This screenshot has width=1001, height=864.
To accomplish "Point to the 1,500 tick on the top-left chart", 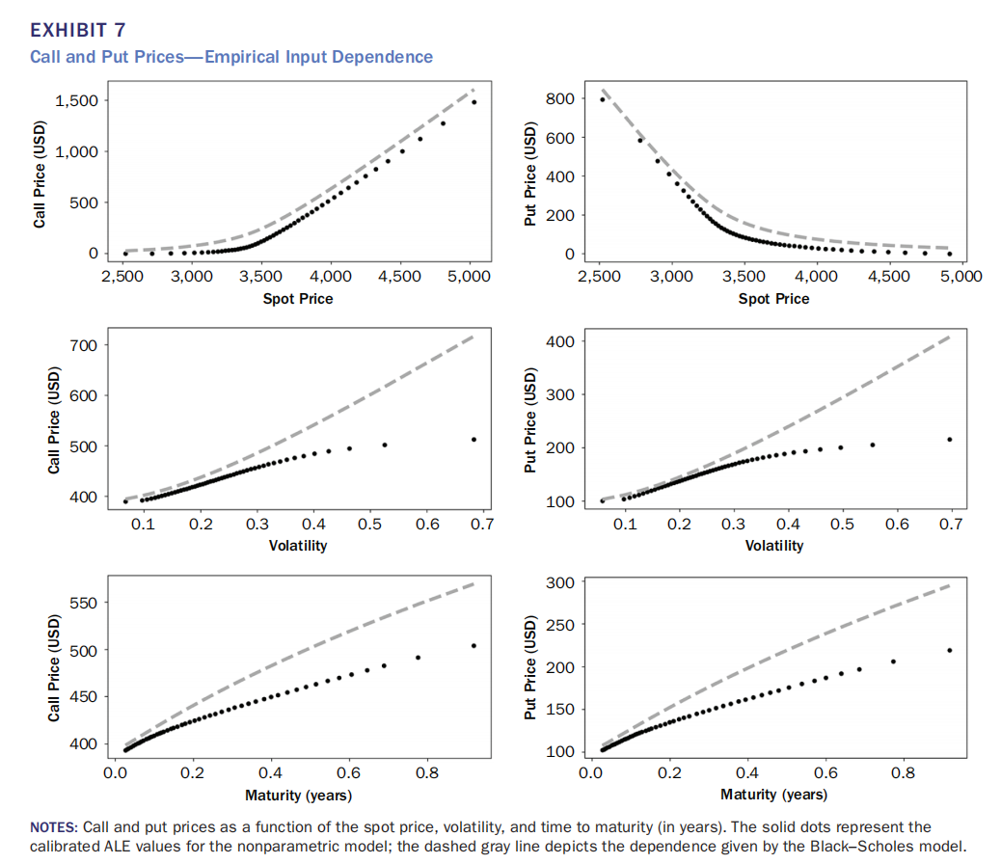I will [81, 101].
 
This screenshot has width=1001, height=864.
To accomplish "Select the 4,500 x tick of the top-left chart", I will [399, 277].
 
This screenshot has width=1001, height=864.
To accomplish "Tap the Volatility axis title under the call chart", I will [298, 546].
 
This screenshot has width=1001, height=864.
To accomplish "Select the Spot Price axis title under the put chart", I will [773, 299].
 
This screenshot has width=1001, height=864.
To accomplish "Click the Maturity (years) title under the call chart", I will [298, 796].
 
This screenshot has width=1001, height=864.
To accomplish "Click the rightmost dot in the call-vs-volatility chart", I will [473, 440].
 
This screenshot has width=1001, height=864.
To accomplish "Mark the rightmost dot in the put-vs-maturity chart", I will [950, 650].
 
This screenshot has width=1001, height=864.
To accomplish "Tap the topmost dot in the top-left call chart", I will [473, 102].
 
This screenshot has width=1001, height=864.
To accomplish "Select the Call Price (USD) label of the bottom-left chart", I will [54, 672].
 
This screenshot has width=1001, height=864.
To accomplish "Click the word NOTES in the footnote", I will [54, 827].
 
